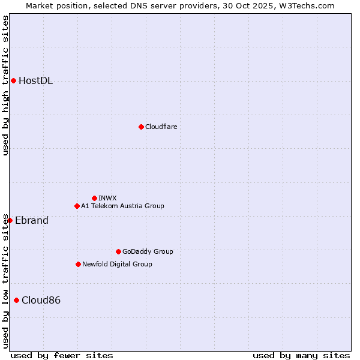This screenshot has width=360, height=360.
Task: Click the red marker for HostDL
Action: (x=13, y=81)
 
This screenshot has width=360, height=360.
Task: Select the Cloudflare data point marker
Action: (x=141, y=127)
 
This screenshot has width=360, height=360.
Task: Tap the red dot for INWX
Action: (x=94, y=198)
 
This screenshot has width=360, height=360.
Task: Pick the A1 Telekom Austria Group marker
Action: (x=77, y=206)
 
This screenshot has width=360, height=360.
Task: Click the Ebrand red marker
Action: (x=10, y=220)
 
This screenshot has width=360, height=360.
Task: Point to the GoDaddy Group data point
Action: (x=118, y=251)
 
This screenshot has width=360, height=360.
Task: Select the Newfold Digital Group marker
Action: (x=78, y=264)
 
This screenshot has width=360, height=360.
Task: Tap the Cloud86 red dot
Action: (x=16, y=300)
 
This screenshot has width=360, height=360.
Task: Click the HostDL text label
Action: (x=36, y=81)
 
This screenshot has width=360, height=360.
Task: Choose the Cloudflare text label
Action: (x=161, y=127)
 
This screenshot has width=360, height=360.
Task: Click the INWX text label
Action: (x=107, y=198)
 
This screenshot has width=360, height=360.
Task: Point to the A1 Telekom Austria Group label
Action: (x=122, y=206)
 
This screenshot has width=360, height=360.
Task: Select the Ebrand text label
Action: (x=32, y=220)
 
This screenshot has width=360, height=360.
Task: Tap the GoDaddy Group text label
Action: (x=148, y=251)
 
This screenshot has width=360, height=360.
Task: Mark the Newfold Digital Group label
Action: (x=117, y=264)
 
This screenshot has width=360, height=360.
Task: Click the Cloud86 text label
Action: (x=41, y=300)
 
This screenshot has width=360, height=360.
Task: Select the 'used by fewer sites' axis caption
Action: (x=62, y=355)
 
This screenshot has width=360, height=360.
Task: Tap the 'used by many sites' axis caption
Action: (x=301, y=355)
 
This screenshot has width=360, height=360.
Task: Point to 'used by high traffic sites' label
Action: (x=5, y=85)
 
